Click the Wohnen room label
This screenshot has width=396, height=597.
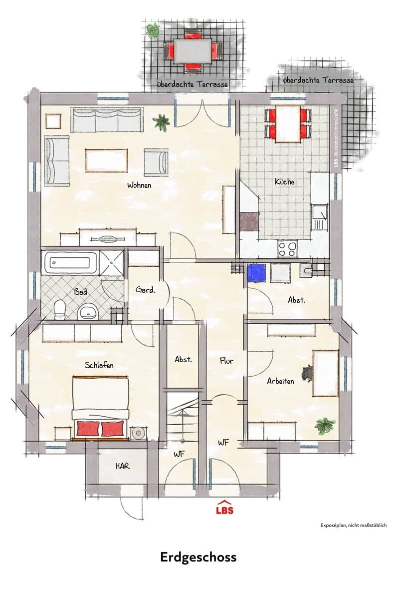[139, 185]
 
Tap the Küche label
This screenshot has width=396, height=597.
[285, 182]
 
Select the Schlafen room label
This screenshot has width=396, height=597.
[99, 365]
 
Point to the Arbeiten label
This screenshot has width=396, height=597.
[280, 381]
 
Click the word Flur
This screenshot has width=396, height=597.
[226, 361]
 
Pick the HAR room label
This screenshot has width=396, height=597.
[122, 466]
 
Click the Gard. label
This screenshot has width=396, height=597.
[146, 290]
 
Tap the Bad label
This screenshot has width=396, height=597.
[81, 292]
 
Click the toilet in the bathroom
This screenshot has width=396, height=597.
[60, 310]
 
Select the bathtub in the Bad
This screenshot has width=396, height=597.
[71, 262]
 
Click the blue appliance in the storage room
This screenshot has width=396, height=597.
[256, 273]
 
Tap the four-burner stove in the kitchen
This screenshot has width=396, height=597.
[287, 249]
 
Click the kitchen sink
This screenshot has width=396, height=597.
[319, 217]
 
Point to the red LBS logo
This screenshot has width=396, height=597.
[224, 507]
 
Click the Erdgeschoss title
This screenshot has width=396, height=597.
[198, 558]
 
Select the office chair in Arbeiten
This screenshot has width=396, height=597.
[307, 373]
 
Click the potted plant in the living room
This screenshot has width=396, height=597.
[161, 122]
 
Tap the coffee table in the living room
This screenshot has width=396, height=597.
[106, 160]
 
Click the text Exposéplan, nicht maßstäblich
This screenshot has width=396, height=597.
[354, 526]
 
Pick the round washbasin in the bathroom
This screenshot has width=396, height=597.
[88, 313]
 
